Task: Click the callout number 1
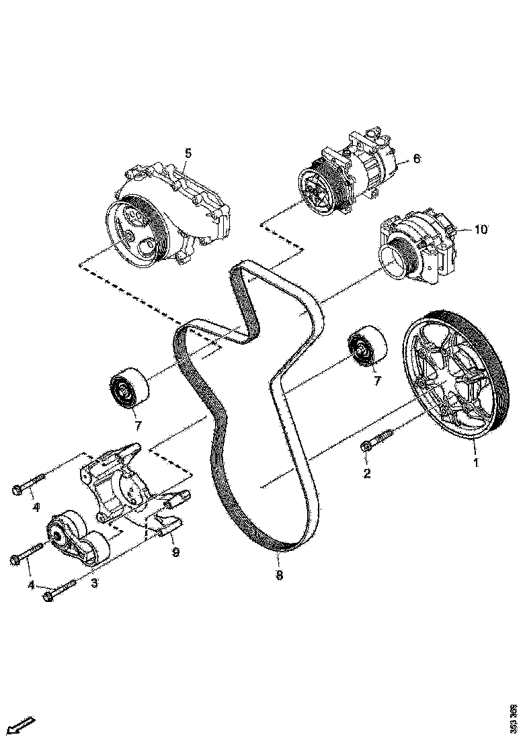point(476,463)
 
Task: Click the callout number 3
point(94,582)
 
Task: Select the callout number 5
point(188,153)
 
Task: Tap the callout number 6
point(416,159)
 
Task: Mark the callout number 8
point(279,575)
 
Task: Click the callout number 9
point(175,553)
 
